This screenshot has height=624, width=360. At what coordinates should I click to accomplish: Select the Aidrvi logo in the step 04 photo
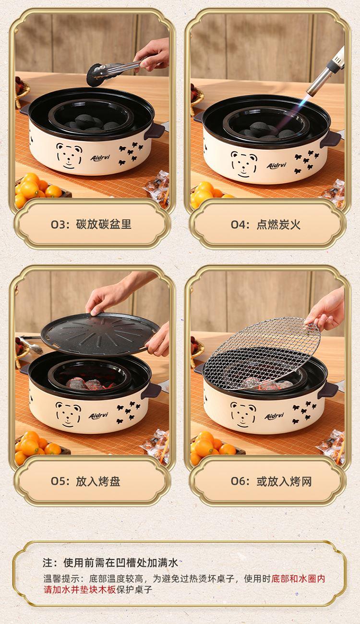pos(276,166)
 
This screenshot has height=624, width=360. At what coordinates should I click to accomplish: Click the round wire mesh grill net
pos(262,354)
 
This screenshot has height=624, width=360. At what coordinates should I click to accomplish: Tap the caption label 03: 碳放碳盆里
pos(91,225)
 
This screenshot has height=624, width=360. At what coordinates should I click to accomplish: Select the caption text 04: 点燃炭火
pos(265,225)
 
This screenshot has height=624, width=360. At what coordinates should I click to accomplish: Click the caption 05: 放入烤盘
pos(85,481)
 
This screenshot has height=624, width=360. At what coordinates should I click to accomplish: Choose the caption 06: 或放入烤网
pos(271,481)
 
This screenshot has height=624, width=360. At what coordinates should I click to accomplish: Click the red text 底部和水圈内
pos(298,578)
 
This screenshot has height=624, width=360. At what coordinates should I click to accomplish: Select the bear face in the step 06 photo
pos(243,415)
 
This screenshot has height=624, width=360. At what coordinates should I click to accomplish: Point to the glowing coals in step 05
pos(91,384)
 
